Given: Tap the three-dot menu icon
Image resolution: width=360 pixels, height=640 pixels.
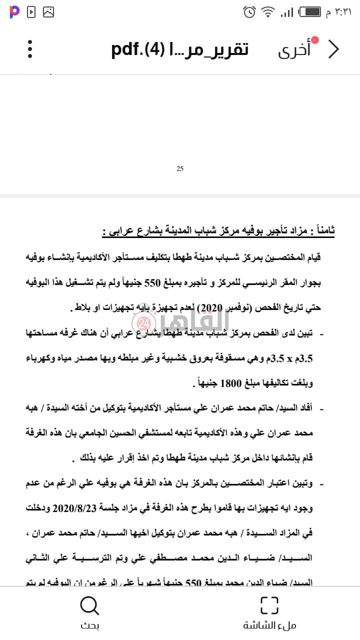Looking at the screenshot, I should coord(30,49).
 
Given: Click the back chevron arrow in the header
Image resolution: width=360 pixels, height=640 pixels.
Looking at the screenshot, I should coord(333,49).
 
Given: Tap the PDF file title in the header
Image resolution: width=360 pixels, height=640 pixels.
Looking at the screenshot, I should coord(180,49).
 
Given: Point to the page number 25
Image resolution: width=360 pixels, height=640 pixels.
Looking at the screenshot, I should coord(180,168).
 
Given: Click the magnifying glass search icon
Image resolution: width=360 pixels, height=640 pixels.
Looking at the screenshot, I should coord(90,605).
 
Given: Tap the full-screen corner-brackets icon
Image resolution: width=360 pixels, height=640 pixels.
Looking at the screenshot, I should coord(269,605).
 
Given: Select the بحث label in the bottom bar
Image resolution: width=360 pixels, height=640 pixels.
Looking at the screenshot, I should coord(90,625).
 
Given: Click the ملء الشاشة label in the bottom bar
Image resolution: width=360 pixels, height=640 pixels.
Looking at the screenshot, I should coord(269,625).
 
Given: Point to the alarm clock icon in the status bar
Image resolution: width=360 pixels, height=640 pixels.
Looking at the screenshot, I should coord(249,11).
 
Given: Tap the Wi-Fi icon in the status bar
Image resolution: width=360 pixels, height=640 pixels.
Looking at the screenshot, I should coord(268,11).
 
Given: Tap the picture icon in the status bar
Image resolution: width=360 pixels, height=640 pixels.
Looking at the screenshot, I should coord(48,11).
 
